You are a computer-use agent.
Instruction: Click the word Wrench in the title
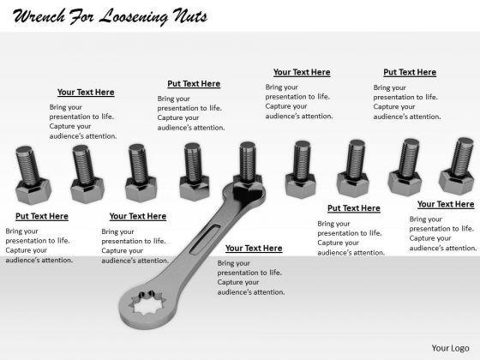click(39, 16)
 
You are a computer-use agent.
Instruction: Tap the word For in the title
click(81, 16)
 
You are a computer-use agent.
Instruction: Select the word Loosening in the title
click(134, 17)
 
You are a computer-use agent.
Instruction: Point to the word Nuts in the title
click(189, 16)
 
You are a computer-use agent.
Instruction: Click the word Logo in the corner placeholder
click(459, 348)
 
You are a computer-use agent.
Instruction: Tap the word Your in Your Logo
click(440, 348)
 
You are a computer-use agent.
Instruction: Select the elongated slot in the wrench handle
click(205, 240)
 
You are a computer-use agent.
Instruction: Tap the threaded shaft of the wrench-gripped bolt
click(248, 161)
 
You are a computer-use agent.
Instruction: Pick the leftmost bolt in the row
click(33, 175)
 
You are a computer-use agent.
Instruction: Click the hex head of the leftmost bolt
click(33, 192)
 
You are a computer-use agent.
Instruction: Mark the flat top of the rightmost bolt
click(465, 141)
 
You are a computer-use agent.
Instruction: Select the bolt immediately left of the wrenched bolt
click(194, 171)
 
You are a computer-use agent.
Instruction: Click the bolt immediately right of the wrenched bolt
click(301, 170)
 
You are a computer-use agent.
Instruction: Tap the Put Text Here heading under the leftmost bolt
click(42, 216)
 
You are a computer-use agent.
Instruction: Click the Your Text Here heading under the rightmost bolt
click(446, 205)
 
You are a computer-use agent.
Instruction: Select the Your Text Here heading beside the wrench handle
click(254, 249)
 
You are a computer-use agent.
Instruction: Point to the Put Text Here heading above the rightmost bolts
click(410, 73)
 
